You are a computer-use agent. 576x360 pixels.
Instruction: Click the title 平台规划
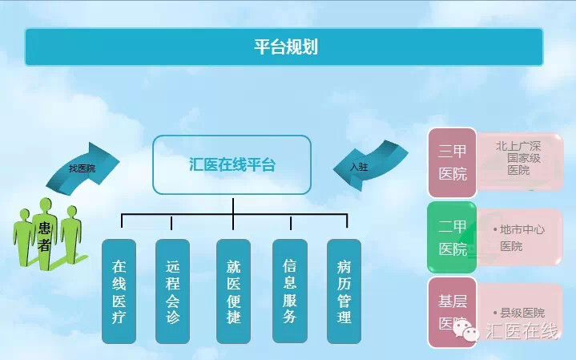286,47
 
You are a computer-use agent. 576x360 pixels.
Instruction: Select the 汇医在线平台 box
232,164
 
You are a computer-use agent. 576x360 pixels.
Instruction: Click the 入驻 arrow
369,165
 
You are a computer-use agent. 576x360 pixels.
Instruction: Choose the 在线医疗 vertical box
119,291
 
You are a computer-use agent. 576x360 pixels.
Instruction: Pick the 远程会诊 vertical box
173,291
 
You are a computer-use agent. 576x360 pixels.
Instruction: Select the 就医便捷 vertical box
234,291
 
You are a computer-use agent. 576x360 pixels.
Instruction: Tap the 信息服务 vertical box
290,291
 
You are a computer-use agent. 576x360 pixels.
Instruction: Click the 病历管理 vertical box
344,291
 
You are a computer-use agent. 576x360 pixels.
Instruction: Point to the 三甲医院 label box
452,163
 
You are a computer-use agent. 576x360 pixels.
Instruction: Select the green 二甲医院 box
452,237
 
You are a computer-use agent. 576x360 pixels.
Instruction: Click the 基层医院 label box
452,312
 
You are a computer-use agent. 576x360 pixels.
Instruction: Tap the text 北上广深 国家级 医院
518,158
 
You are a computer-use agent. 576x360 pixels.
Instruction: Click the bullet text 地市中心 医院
518,237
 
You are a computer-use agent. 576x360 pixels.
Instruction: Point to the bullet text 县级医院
518,313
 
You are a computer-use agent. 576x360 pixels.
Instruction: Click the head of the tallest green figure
46,205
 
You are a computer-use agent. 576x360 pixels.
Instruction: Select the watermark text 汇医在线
522,330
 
